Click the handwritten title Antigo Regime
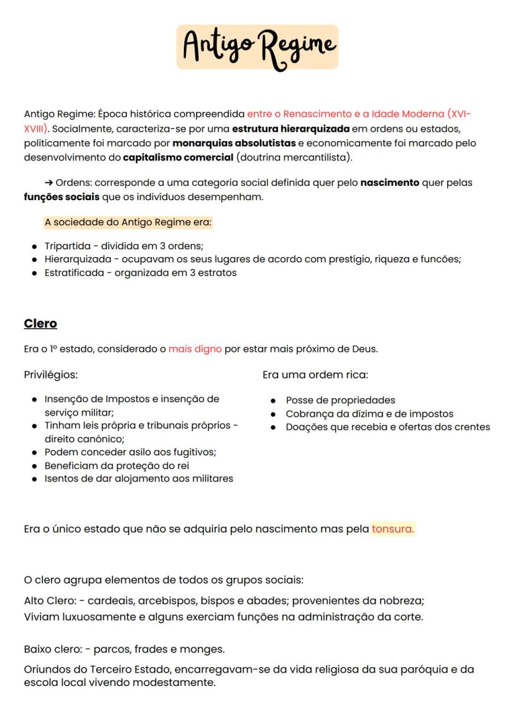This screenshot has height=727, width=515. click(x=257, y=47)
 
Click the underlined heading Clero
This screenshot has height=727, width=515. click(x=40, y=324)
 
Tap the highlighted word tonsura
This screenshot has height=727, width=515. click(x=392, y=529)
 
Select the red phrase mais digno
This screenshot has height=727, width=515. click(x=195, y=349)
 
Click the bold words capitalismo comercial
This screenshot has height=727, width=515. click(x=178, y=157)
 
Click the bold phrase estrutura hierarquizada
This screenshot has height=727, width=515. click(x=290, y=129)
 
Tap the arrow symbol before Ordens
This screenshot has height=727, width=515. click(x=49, y=183)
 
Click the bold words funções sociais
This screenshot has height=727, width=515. click(x=53, y=197)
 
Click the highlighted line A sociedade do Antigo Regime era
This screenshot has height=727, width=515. click(x=128, y=222)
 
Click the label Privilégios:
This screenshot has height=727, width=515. click(x=50, y=375)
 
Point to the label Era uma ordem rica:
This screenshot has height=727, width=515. click(x=315, y=375)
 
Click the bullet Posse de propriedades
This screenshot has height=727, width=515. click(x=340, y=400)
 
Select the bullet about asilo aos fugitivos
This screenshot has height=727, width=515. click(x=130, y=452)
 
